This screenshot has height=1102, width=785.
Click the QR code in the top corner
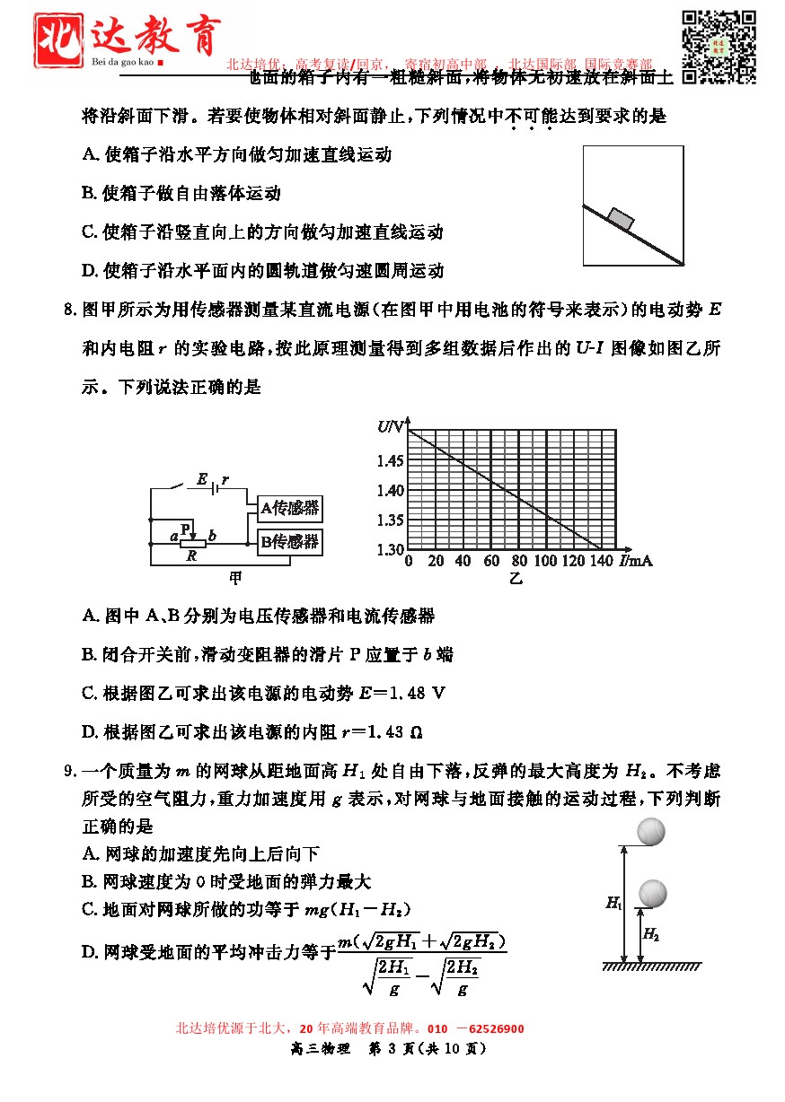(718, 47)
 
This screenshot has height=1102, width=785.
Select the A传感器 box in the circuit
(289, 508)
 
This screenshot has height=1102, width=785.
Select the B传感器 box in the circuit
(289, 542)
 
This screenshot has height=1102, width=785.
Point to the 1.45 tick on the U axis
(392, 461)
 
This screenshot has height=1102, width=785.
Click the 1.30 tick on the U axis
(392, 548)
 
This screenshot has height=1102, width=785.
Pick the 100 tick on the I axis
(545, 562)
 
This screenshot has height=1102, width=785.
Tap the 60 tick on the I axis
(490, 562)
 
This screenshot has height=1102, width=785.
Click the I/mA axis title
(635, 561)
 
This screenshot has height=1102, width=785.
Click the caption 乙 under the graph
(516, 579)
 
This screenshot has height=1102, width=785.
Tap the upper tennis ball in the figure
(651, 832)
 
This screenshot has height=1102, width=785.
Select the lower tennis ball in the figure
(653, 892)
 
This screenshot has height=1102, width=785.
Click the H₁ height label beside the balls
(613, 904)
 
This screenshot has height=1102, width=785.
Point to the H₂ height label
(651, 935)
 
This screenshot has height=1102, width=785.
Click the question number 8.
(68, 311)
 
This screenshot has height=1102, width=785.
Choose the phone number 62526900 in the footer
(492, 1028)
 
